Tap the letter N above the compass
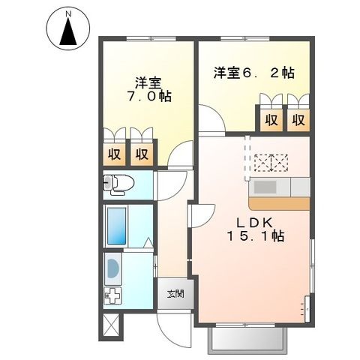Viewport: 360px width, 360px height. tap(68, 13)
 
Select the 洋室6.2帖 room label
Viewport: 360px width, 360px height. tap(253, 73)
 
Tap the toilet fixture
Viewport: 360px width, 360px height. tap(118, 182)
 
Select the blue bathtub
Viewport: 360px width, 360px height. tap(118, 226)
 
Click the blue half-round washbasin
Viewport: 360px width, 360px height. tap(112, 268)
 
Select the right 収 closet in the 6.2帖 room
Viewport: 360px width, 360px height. tap(298, 119)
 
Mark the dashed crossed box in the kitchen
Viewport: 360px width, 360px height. tap(271, 162)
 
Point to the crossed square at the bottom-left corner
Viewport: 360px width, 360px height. tap(111, 325)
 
